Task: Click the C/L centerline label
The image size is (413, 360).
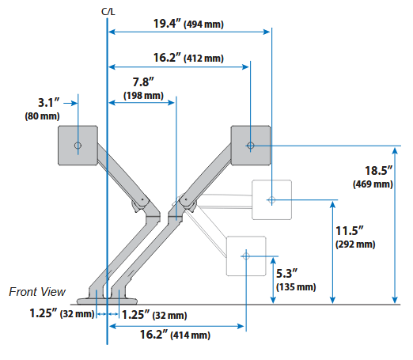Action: point(108,12)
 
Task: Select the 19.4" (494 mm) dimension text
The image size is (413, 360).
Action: point(188,24)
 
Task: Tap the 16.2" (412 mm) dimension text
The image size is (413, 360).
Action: point(188,58)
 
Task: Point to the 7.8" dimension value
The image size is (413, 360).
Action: point(143,82)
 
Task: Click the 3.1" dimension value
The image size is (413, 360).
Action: point(49,103)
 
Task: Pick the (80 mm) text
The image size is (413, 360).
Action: point(42,116)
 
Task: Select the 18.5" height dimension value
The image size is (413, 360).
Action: point(379,171)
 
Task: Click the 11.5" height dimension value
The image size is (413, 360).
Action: point(350,231)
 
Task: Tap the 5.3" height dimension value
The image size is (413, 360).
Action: point(286,274)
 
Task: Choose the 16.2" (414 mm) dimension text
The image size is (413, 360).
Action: point(175,335)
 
